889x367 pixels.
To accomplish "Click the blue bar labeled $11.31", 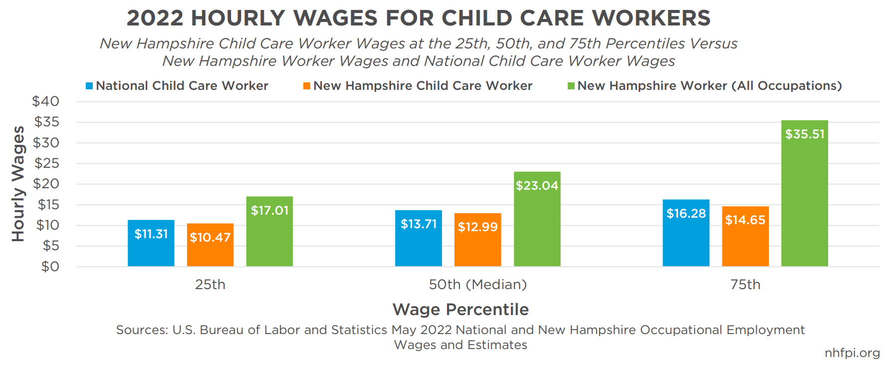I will click(151, 243).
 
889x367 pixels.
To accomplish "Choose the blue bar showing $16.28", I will click(686, 233).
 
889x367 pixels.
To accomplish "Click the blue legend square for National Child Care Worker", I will click(89, 86).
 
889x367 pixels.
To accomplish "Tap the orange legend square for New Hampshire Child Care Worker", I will click(307, 86).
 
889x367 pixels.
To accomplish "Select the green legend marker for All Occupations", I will click(571, 86).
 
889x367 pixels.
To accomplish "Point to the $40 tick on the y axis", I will click(46, 101).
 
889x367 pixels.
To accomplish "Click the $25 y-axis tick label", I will click(47, 163).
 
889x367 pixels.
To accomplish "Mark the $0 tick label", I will click(50, 267).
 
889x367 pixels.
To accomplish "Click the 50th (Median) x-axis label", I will click(477, 285).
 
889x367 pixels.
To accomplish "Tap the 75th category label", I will click(745, 285).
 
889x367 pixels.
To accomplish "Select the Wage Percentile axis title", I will click(460, 310).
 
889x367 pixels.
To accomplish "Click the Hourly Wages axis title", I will click(18, 184).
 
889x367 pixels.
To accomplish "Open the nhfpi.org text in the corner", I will click(852, 353).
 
